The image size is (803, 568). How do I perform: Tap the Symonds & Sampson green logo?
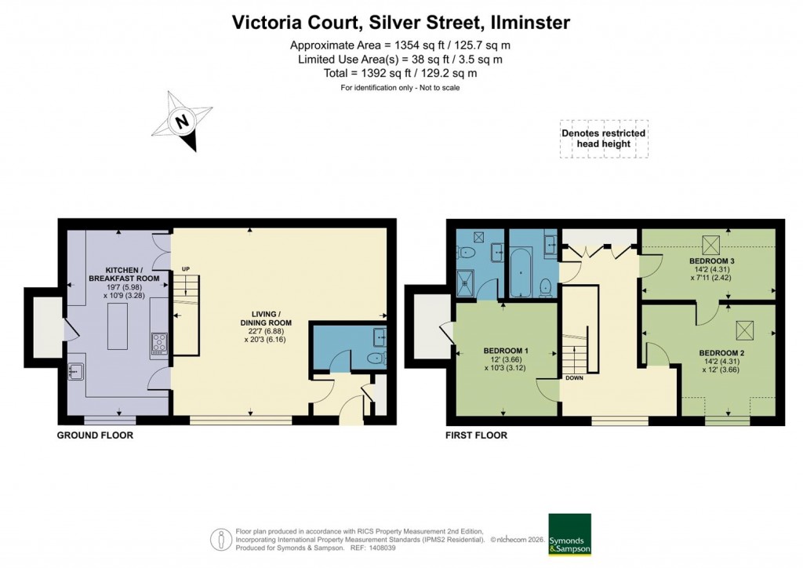[569, 535]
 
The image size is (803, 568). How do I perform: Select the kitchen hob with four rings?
[158, 342]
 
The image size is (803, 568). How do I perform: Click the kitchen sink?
[78, 371]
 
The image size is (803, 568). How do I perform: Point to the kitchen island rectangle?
[116, 324]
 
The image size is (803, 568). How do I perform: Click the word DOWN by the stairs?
[574, 377]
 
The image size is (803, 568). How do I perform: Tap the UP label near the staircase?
[186, 269]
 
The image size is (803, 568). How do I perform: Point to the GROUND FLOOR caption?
[94, 435]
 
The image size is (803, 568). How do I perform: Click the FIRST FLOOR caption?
[476, 435]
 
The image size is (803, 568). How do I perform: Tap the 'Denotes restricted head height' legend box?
[603, 139]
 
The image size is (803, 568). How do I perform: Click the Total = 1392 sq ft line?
[400, 73]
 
